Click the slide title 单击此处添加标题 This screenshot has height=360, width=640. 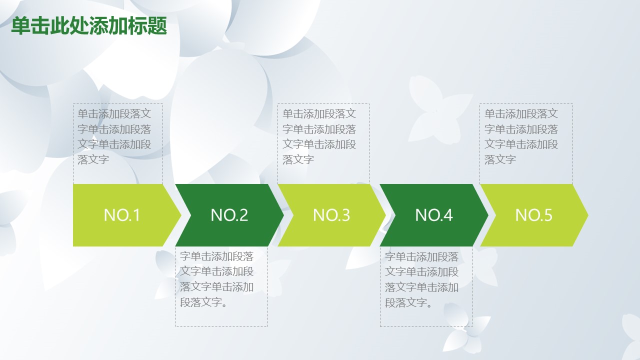(x=89, y=26)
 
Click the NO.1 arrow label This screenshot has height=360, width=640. (x=122, y=215)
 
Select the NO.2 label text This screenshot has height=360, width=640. (x=229, y=215)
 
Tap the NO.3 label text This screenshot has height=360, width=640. (x=331, y=215)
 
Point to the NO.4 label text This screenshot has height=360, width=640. (x=433, y=215)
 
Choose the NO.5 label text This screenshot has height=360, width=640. (x=533, y=215)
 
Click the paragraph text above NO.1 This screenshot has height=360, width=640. (x=114, y=136)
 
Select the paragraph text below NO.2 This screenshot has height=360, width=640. (x=216, y=279)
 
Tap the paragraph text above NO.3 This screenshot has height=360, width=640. (x=319, y=136)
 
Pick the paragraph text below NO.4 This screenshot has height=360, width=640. (x=421, y=279)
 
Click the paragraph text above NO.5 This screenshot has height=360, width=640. (x=521, y=136)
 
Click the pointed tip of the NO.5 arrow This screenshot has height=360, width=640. (x=588, y=215)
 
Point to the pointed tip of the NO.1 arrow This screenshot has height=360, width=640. (x=181, y=215)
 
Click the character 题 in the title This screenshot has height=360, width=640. (x=157, y=26)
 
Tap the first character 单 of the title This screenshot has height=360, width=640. (x=20, y=26)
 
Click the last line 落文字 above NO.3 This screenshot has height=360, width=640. (x=298, y=159)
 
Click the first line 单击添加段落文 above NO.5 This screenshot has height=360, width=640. (x=521, y=113)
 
